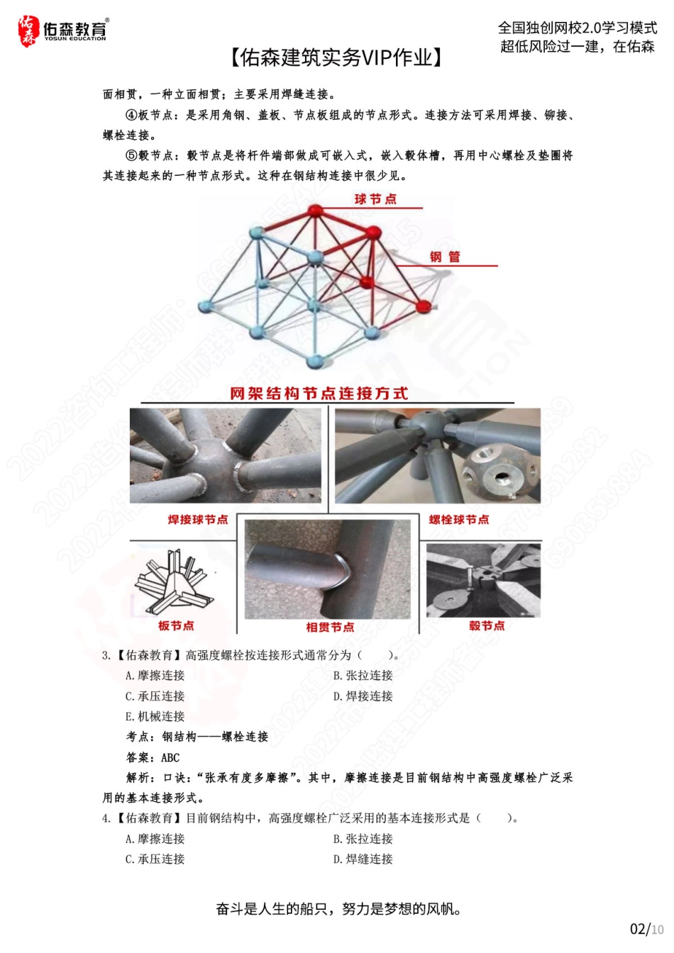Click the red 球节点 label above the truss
pos(375,199)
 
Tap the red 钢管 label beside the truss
pos(445,257)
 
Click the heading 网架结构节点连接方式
pos(319,394)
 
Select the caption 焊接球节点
pos(198,520)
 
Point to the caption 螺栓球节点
pos(459,520)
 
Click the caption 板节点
pos(176,625)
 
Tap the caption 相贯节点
pos(330,627)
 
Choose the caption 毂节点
pos(487,625)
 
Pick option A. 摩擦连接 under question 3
pos(155,676)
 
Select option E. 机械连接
pos(155,717)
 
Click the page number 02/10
pos(646,929)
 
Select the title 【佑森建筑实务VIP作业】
pos(336,57)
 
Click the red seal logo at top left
pos(28,31)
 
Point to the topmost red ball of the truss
pos(314,211)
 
